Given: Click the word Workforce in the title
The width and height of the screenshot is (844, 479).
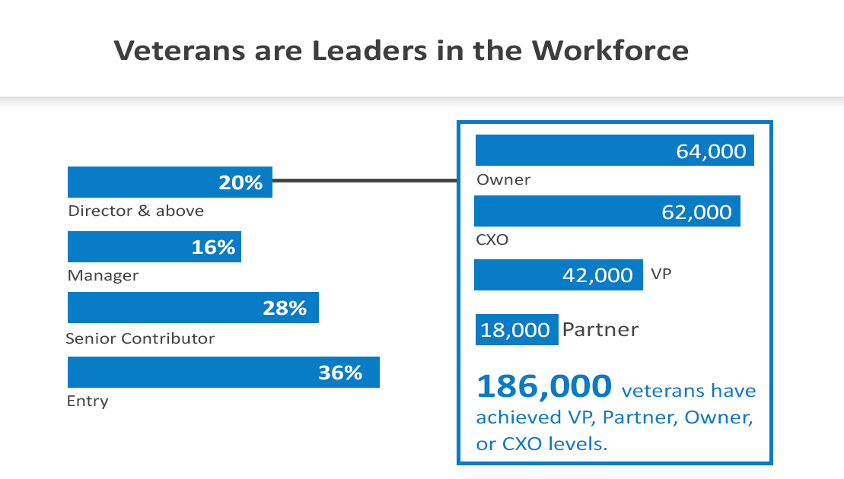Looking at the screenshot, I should [x=610, y=50].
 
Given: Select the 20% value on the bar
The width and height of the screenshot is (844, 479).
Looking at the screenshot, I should [x=240, y=182].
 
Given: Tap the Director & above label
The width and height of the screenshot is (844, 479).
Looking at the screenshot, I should [x=136, y=211].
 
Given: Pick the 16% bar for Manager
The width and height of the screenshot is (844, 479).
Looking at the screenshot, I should [x=154, y=247].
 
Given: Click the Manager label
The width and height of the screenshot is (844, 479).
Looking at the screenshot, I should [x=103, y=275].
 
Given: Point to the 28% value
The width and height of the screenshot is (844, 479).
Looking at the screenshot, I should [x=284, y=308].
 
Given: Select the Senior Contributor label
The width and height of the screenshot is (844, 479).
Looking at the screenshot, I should [x=141, y=338].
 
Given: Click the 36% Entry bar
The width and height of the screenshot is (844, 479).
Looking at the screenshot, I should [x=223, y=373].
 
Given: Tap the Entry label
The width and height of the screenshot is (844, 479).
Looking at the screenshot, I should [x=88, y=401].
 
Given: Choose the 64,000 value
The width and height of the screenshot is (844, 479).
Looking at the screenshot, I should [x=711, y=151].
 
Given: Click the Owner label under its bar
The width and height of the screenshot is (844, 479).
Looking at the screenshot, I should [x=503, y=180].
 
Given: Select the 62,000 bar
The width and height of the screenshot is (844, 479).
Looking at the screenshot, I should [x=607, y=211].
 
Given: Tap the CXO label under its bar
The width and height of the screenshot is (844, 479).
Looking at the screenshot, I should [x=492, y=240].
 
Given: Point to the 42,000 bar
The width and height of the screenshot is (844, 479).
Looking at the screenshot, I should [x=556, y=275].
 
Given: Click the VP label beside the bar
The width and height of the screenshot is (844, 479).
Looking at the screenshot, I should [x=662, y=274].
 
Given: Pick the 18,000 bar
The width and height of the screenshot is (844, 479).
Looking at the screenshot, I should [x=517, y=330].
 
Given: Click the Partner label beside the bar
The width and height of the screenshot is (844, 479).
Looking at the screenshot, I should [x=600, y=329].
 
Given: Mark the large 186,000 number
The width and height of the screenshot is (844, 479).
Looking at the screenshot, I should [x=543, y=385].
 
